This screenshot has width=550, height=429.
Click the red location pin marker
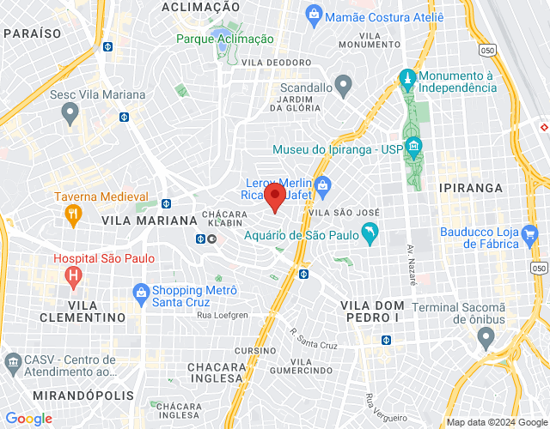274,197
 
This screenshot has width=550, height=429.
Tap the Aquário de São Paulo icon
370,233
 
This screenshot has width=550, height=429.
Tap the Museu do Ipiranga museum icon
413,148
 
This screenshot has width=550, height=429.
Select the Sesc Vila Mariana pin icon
70,112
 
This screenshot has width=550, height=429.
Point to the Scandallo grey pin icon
343,86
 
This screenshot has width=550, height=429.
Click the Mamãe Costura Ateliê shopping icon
315,15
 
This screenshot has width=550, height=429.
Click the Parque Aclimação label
225,39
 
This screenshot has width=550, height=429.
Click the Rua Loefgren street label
223,316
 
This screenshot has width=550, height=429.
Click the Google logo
28,418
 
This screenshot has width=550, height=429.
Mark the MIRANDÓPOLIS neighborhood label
83,395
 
